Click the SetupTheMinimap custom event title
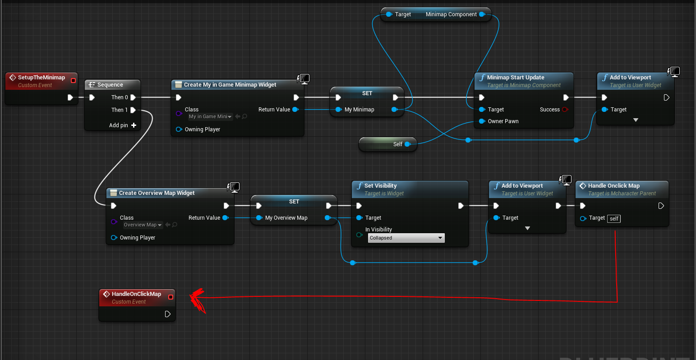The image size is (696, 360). (x=41, y=78)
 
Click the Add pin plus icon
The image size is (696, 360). (x=134, y=125)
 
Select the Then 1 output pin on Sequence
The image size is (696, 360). (x=134, y=110)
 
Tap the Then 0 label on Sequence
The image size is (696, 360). (x=120, y=97)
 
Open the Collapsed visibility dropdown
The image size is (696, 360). (x=406, y=238)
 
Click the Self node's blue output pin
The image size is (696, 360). (x=407, y=144)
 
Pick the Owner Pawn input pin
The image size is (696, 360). (x=482, y=121)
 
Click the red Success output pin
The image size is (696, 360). (x=565, y=110)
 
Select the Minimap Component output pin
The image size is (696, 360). (x=482, y=14)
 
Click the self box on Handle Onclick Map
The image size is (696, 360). (x=614, y=219)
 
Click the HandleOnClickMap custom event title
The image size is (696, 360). (x=136, y=294)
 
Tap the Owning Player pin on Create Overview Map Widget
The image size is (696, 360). (x=114, y=238)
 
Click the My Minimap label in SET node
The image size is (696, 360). (x=359, y=110)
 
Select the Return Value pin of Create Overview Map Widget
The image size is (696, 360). (x=225, y=218)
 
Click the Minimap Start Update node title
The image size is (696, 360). (x=516, y=78)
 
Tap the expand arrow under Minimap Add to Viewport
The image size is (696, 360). (x=636, y=120)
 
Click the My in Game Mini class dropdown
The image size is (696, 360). (x=210, y=116)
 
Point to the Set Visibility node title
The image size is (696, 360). (x=380, y=186)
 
